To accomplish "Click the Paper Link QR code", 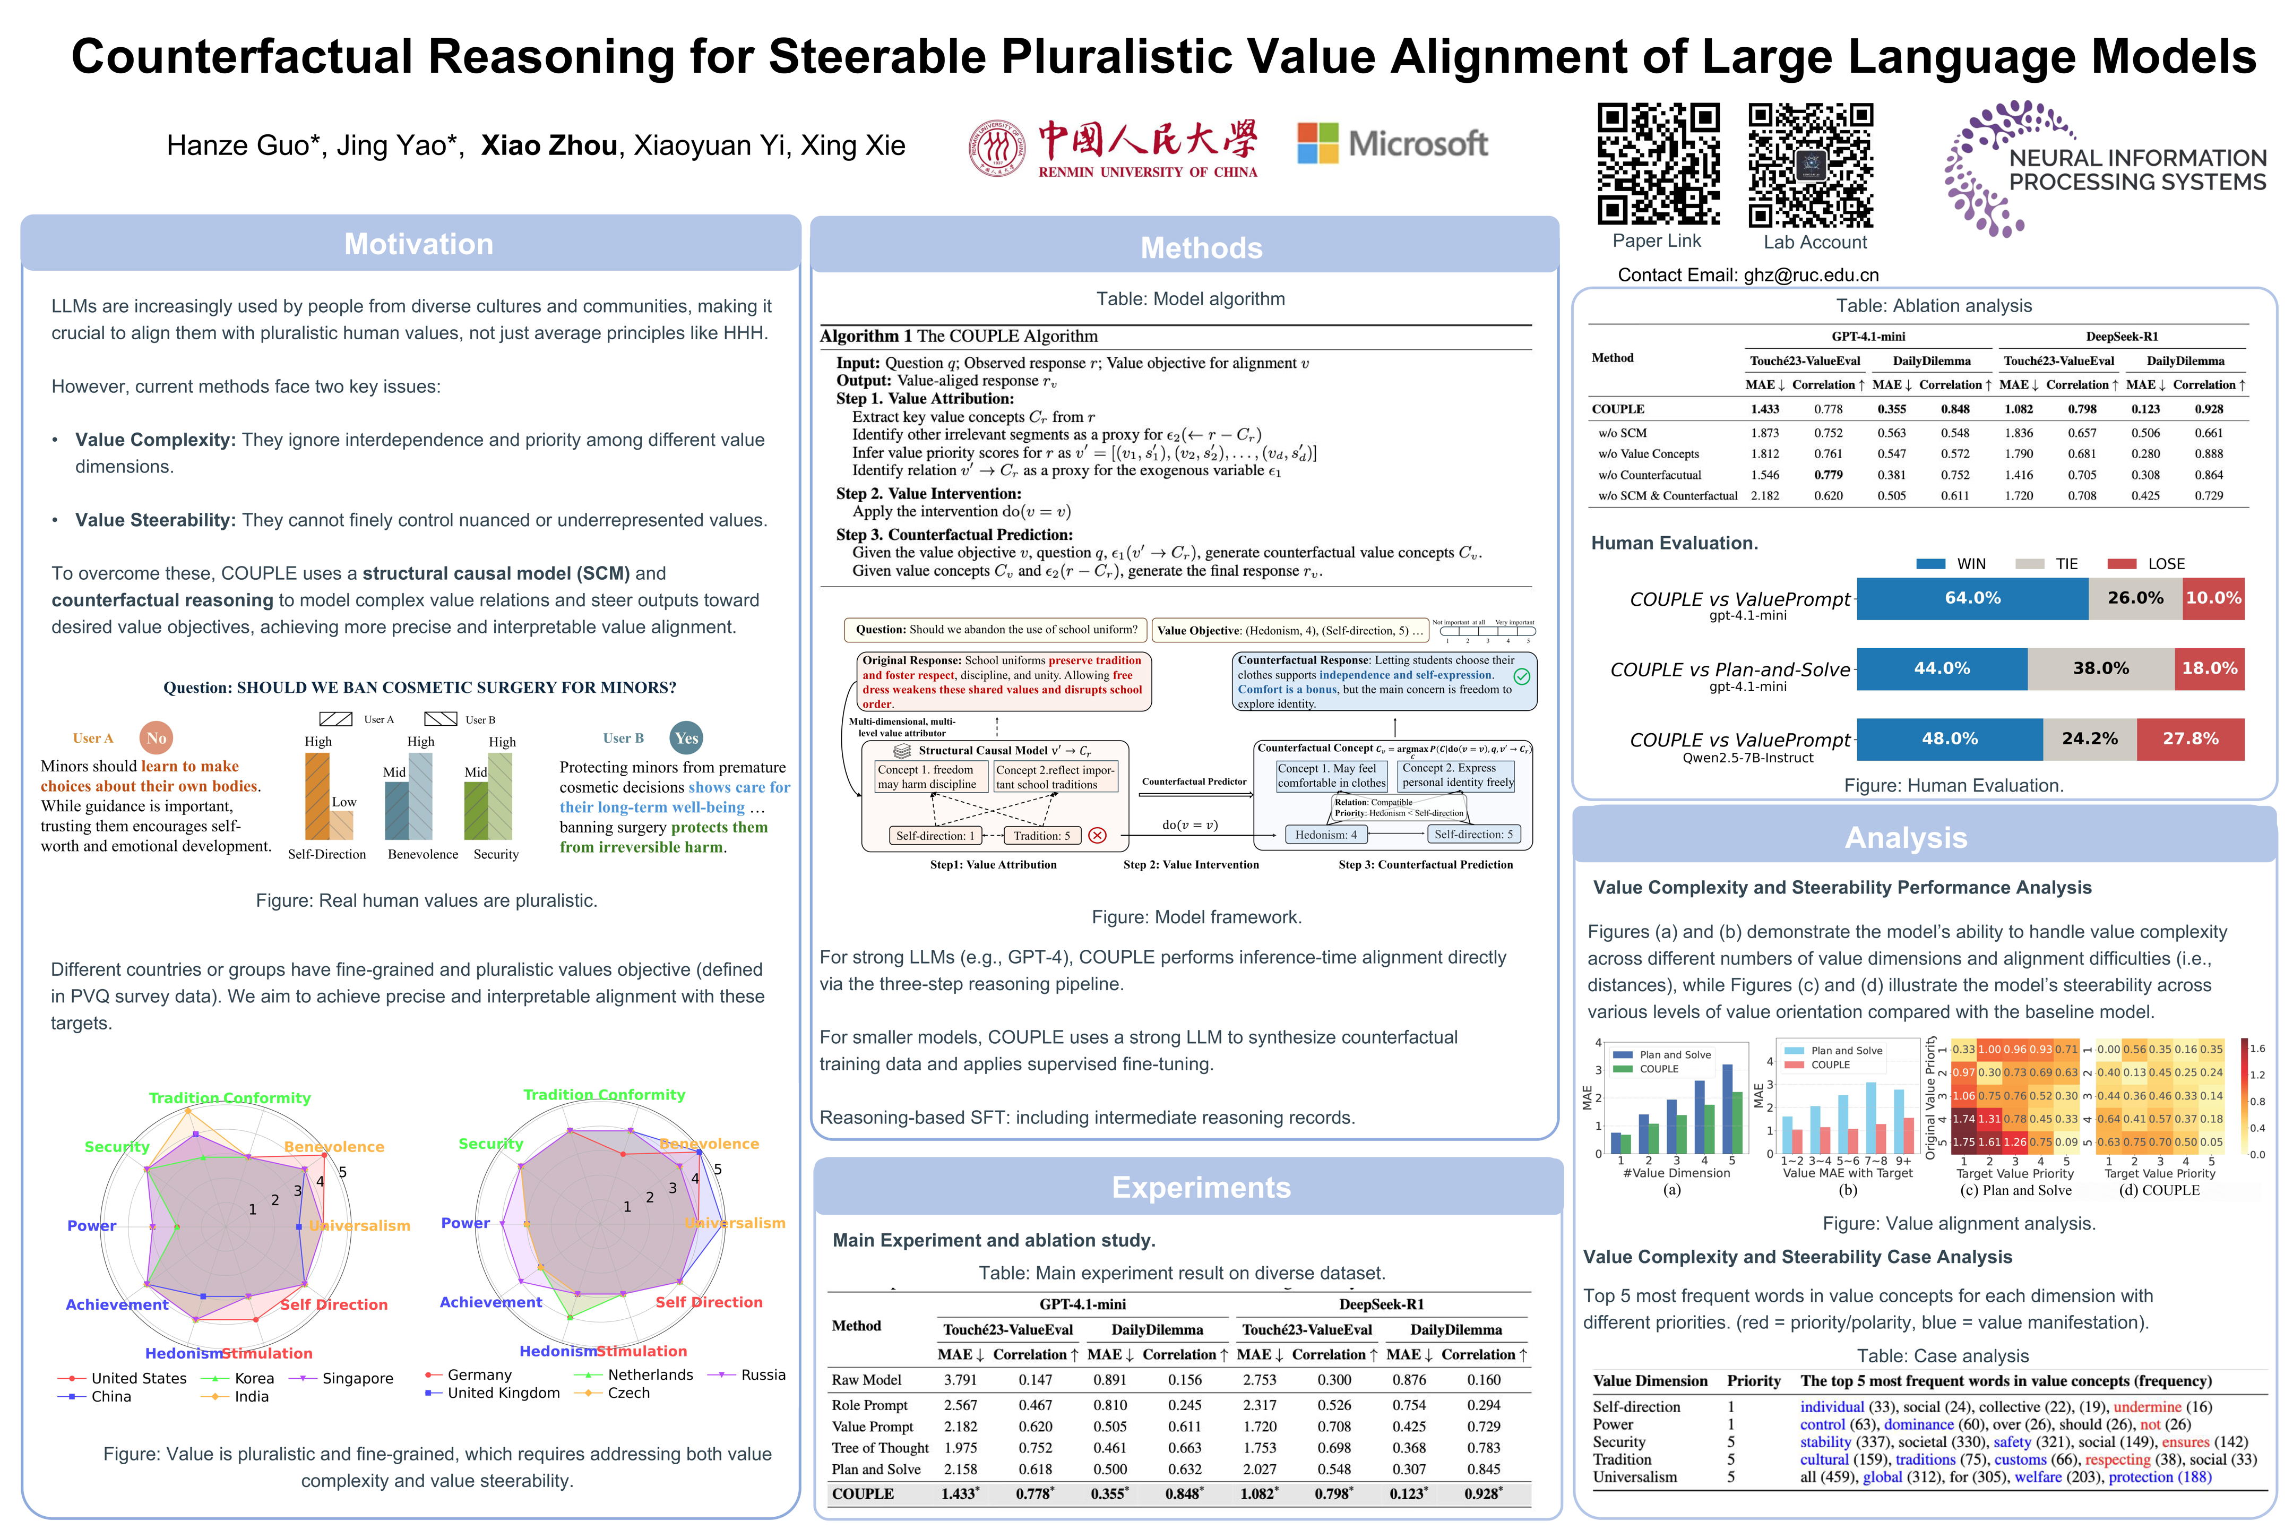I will [1657, 164].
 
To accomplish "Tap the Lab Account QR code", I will [1811, 164].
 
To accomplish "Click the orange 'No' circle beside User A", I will [156, 738].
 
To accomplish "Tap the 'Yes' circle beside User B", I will [686, 738].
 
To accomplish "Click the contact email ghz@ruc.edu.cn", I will [1811, 275].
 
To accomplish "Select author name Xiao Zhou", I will [549, 145].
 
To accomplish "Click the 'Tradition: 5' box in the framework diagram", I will [1041, 836].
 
